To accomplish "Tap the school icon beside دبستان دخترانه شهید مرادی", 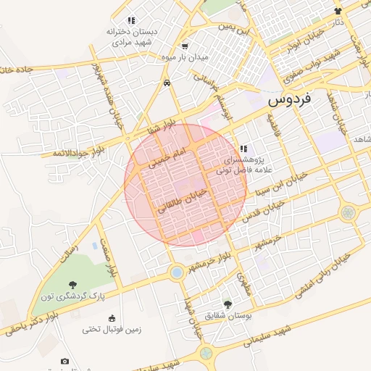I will point(130,21).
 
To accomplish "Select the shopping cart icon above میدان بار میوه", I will point(185,46).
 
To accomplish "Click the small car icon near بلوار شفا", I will point(167,83).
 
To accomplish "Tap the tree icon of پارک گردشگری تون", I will point(72,285).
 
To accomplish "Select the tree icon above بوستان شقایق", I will point(228,305).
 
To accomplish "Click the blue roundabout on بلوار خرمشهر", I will point(176,272).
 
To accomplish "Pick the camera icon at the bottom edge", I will point(65,362).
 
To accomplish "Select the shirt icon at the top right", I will point(338,11).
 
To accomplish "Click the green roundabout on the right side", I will point(349,213).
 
